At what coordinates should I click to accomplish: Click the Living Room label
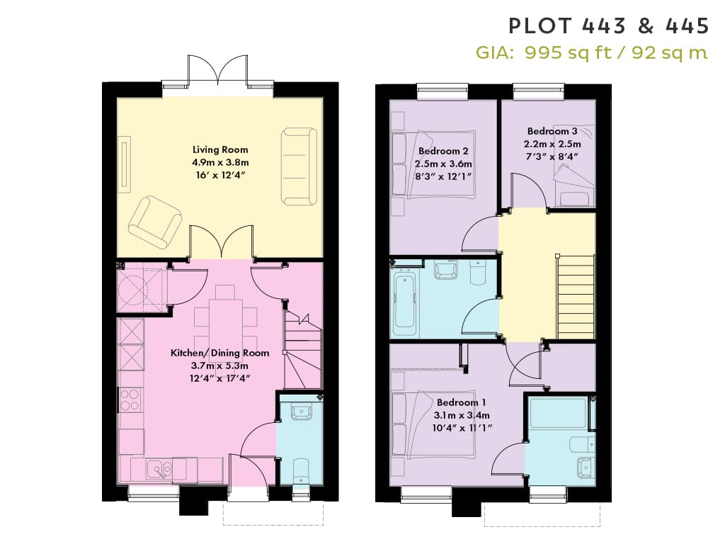(x=220, y=149)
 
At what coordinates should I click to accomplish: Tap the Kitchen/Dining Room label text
(x=219, y=353)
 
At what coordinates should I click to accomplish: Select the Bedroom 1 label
(x=461, y=402)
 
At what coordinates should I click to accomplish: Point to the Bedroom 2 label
(x=443, y=151)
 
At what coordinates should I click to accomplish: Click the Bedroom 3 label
(x=552, y=131)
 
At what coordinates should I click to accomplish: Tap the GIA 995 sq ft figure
(x=568, y=52)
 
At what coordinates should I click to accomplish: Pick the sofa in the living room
(x=299, y=166)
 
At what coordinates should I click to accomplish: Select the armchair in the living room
(x=155, y=222)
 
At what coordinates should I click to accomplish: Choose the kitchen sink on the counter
(x=159, y=470)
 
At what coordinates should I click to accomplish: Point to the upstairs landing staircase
(x=576, y=297)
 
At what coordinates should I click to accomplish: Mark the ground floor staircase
(x=303, y=350)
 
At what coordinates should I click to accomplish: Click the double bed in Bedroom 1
(x=433, y=424)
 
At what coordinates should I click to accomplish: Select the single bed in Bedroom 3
(x=574, y=166)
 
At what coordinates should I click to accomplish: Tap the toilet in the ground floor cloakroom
(x=300, y=472)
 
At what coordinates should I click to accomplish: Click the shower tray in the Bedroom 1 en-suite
(x=558, y=413)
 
